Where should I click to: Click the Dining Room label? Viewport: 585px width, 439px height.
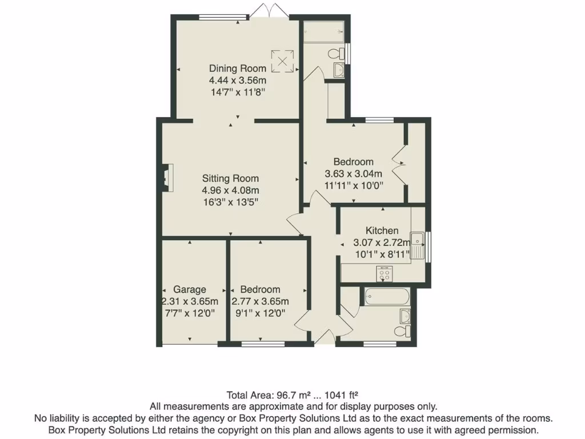click(237, 69)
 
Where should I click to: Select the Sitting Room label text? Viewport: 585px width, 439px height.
click(230, 178)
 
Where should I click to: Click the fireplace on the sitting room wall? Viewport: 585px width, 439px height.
click(166, 177)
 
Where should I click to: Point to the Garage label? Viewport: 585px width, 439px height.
click(190, 289)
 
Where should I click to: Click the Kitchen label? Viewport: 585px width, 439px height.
click(382, 230)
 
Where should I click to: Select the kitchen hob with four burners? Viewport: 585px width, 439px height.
click(384, 274)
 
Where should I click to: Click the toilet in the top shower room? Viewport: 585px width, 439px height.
click(337, 54)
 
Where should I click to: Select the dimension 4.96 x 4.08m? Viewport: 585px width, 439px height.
click(230, 190)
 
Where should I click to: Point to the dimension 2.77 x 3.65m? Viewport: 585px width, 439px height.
click(260, 301)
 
